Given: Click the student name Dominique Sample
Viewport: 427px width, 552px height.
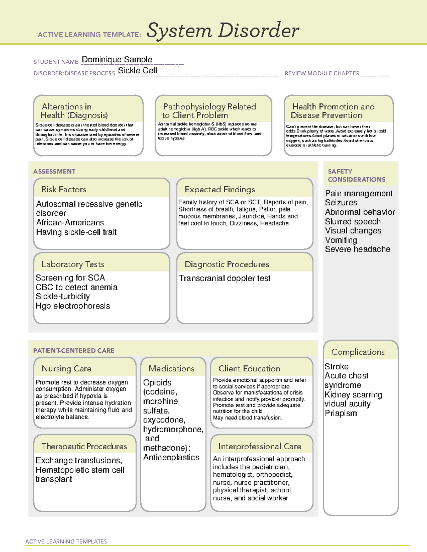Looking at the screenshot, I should click(x=117, y=59).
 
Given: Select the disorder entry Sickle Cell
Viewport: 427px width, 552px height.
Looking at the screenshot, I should click(x=137, y=71).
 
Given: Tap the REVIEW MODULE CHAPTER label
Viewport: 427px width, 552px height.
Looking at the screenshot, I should click(x=322, y=74).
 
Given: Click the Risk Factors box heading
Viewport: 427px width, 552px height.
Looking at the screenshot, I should click(x=64, y=189).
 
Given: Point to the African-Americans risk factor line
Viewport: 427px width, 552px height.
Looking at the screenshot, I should click(x=70, y=223).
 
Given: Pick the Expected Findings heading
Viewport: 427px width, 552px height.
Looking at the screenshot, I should click(x=220, y=189).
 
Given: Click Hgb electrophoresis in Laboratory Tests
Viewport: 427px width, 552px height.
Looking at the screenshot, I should click(x=73, y=306).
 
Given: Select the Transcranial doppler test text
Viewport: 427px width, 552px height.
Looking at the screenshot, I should click(x=224, y=278).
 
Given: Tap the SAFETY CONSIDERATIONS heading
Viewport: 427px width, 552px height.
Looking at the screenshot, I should click(x=356, y=176).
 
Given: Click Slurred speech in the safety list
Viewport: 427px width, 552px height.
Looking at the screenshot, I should click(x=353, y=221).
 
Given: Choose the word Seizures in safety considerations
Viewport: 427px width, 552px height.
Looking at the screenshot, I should click(x=341, y=203).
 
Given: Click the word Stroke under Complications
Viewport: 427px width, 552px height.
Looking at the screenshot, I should click(x=336, y=366).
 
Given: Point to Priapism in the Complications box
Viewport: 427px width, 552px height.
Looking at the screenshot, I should click(x=341, y=413).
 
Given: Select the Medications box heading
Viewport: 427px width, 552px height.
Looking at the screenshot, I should click(x=171, y=369).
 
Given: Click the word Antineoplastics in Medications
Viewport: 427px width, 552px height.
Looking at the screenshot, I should click(x=171, y=457).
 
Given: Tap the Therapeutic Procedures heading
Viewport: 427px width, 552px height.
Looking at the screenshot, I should click(x=84, y=446).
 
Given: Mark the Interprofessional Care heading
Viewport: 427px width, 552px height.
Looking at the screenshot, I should click(x=259, y=446).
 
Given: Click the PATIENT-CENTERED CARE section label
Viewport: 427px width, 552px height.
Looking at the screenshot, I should click(x=74, y=350).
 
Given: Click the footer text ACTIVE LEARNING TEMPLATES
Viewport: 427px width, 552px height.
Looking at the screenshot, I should click(x=66, y=541).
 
